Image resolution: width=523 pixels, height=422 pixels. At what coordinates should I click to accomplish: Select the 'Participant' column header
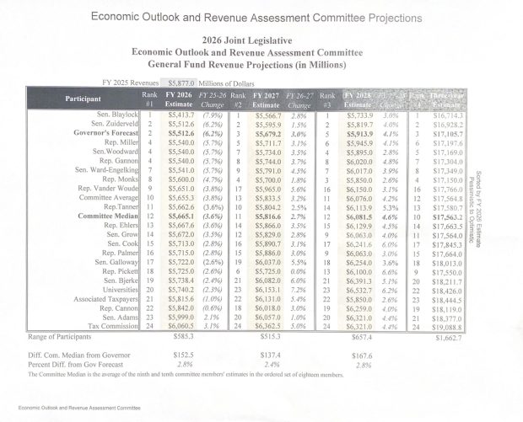84,99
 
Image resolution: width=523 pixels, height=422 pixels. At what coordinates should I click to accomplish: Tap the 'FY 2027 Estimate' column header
270,99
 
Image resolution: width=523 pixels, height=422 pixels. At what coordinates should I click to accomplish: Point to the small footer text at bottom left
69,407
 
